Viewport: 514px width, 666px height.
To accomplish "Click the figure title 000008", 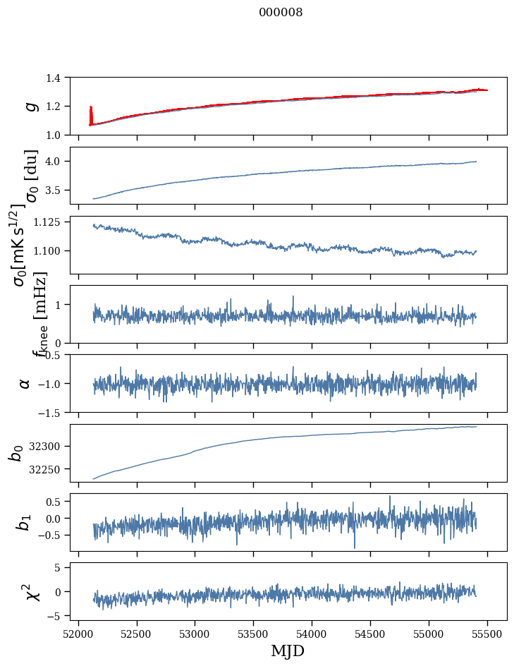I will point(281,13).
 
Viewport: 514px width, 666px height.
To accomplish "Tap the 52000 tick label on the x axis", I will point(78,633).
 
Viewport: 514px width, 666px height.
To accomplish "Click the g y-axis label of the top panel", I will point(30,106).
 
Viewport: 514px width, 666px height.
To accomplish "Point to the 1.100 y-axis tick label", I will point(54,251).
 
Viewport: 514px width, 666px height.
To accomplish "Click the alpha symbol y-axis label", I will point(25,383).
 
